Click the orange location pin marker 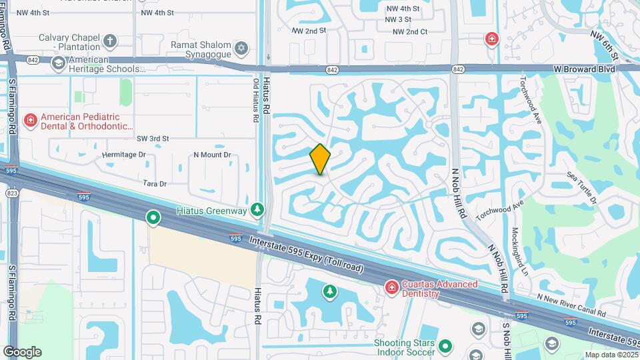point(320,159)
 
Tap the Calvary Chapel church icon point(110,41)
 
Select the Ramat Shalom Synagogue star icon point(241,47)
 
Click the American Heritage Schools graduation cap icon point(58,63)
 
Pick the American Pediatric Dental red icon point(30,121)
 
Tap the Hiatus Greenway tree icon point(258,211)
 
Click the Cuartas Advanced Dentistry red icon point(391,287)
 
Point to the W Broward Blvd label point(584,68)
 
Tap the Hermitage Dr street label point(123,155)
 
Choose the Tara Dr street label point(155,183)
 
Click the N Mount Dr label point(212,155)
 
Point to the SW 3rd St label point(153,139)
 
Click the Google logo point(22,351)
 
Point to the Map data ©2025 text point(609,355)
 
